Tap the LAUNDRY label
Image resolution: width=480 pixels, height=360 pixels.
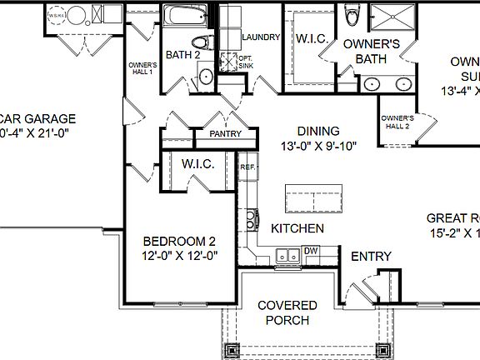click(260, 37)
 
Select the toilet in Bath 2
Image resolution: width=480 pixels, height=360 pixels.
click(200, 41)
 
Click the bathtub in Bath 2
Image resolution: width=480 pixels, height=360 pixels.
click(186, 17)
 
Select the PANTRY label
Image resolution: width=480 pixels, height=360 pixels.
click(225, 133)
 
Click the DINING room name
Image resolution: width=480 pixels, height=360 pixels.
click(317, 131)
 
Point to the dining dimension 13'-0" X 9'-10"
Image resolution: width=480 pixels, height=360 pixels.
click(317, 147)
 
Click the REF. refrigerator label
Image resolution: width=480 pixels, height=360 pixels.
click(247, 167)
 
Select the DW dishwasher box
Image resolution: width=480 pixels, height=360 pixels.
click(311, 251)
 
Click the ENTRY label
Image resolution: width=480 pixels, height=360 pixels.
click(370, 256)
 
